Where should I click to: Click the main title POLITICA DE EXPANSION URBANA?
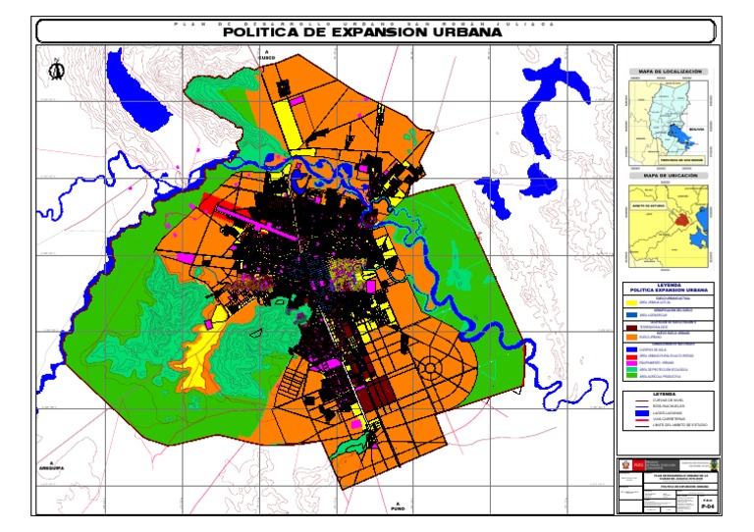(x=362, y=31)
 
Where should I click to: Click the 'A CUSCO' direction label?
(x=266, y=55)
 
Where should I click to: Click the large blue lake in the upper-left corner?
(x=136, y=89)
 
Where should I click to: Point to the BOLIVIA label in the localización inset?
(x=696, y=128)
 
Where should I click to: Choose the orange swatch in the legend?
(x=631, y=336)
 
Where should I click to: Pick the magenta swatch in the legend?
(x=631, y=362)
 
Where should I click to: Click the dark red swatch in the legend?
(x=631, y=326)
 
